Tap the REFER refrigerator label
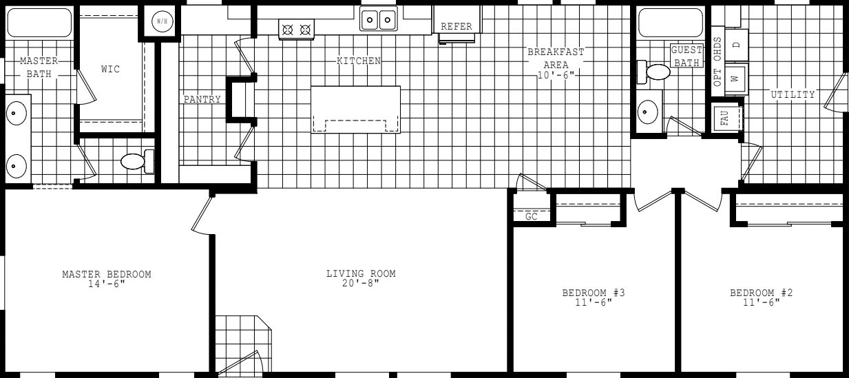(457, 27)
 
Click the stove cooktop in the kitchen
(296, 30)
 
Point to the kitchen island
(355, 109)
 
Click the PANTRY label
(202, 100)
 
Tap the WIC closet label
(110, 70)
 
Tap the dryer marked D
(736, 45)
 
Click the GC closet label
(532, 216)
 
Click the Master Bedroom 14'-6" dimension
(107, 284)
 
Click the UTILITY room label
(793, 94)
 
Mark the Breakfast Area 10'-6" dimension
(556, 75)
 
